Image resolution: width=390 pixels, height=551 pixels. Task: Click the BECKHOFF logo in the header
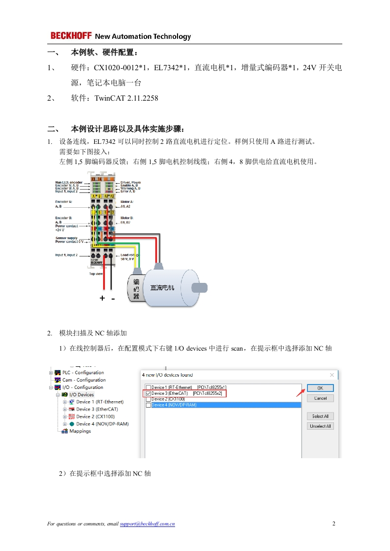click(71, 36)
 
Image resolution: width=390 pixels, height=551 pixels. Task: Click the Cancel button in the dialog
click(320, 398)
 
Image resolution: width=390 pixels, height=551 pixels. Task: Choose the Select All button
click(320, 416)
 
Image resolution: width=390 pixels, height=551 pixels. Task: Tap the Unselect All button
click(320, 426)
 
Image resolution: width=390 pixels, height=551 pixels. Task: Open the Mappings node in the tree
click(80, 431)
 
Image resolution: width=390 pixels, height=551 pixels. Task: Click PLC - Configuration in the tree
click(83, 373)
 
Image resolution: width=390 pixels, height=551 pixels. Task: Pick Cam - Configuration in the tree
click(84, 380)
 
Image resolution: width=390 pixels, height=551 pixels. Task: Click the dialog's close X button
click(332, 375)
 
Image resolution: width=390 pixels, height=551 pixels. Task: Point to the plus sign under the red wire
click(102, 298)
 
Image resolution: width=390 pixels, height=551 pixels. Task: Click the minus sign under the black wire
click(113, 299)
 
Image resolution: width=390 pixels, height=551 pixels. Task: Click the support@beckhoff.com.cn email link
click(148, 524)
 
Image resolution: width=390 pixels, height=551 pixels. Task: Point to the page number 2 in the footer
click(334, 523)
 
